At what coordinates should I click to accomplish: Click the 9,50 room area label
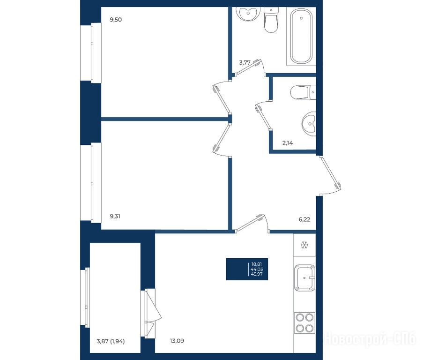116,19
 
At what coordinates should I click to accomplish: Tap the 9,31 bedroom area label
115,216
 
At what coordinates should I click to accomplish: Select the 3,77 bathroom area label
245,62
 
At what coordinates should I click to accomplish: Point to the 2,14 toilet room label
288,143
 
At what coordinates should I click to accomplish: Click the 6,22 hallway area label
304,219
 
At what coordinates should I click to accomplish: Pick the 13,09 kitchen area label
177,341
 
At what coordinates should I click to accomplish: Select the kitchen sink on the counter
304,277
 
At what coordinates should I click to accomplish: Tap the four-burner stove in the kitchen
304,323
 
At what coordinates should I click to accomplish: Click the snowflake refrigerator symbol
304,245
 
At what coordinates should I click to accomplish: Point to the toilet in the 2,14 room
303,92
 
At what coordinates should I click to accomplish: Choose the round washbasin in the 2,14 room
309,124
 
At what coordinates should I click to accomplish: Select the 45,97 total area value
257,274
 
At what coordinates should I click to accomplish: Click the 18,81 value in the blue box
257,264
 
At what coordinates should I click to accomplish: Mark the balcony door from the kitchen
151,313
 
